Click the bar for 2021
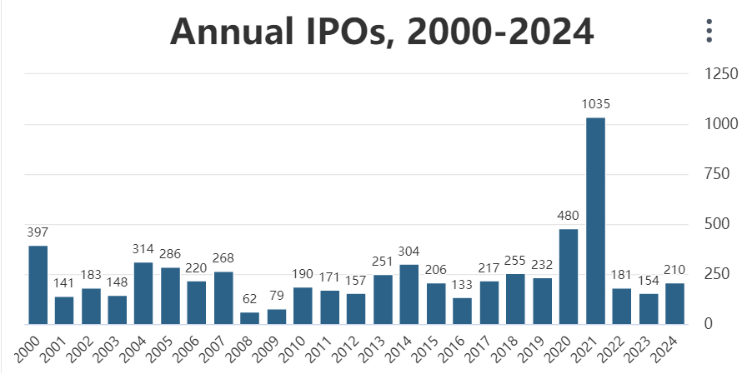[x=595, y=221]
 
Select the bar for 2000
[x=38, y=284]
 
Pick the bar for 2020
[x=569, y=276]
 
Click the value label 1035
[x=595, y=104]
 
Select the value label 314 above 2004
[x=144, y=249]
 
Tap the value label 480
[x=569, y=216]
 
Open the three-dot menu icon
[x=709, y=31]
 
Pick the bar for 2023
[x=649, y=308]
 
